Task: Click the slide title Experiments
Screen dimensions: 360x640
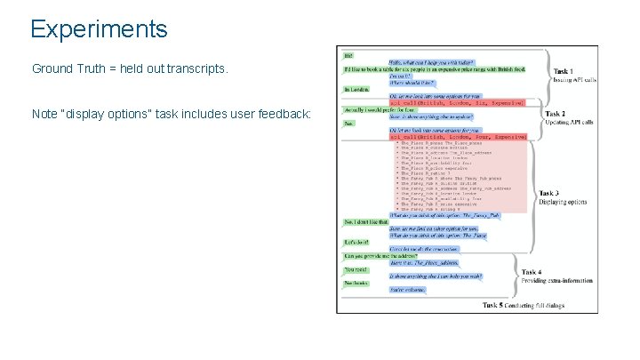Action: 99,28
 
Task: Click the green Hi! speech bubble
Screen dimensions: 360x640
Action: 348,55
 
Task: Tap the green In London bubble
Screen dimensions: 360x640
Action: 356,90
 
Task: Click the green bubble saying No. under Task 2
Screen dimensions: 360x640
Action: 348,124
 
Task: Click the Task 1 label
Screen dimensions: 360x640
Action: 563,71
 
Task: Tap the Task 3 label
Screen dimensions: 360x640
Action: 550,193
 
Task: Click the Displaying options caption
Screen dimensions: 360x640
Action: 562,202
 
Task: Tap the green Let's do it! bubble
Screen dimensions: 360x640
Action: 356,242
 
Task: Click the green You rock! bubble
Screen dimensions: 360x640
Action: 355,269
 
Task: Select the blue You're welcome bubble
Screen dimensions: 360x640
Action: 408,289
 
